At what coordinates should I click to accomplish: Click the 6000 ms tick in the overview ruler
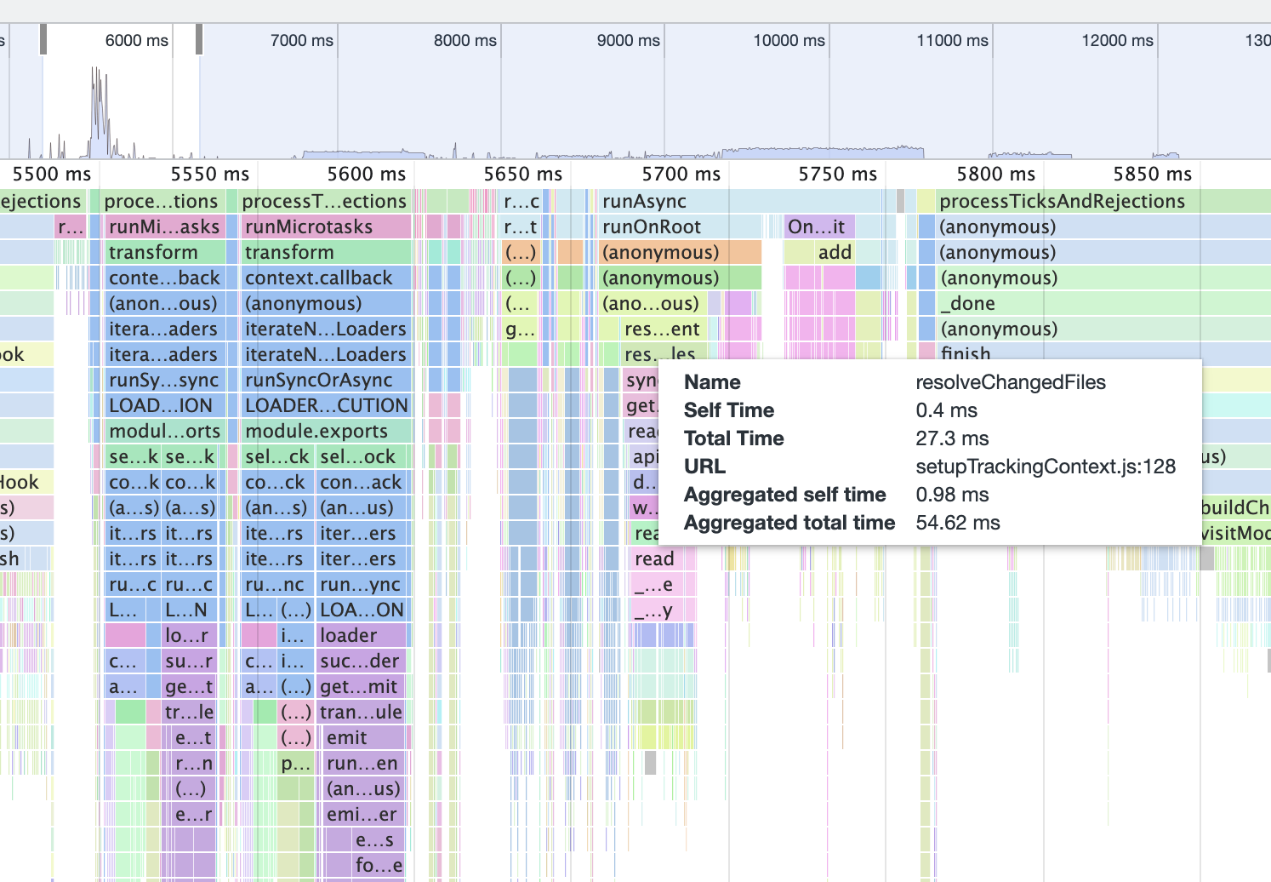pyautogui.click(x=136, y=41)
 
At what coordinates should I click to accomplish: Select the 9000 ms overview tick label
pyautogui.click(x=628, y=41)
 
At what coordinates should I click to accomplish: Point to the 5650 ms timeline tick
pyautogui.click(x=522, y=175)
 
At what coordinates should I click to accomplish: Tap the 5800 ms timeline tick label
pyautogui.click(x=995, y=175)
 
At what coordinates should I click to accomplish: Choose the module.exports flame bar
pyautogui.click(x=327, y=432)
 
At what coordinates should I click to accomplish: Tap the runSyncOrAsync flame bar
pyautogui.click(x=327, y=381)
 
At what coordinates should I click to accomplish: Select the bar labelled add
pyautogui.click(x=834, y=253)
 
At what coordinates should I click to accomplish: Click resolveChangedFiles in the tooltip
pyautogui.click(x=1010, y=382)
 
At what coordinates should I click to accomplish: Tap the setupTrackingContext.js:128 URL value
pyautogui.click(x=1045, y=467)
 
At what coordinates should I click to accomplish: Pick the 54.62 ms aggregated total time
pyautogui.click(x=957, y=523)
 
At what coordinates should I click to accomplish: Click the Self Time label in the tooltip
pyautogui.click(x=728, y=410)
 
